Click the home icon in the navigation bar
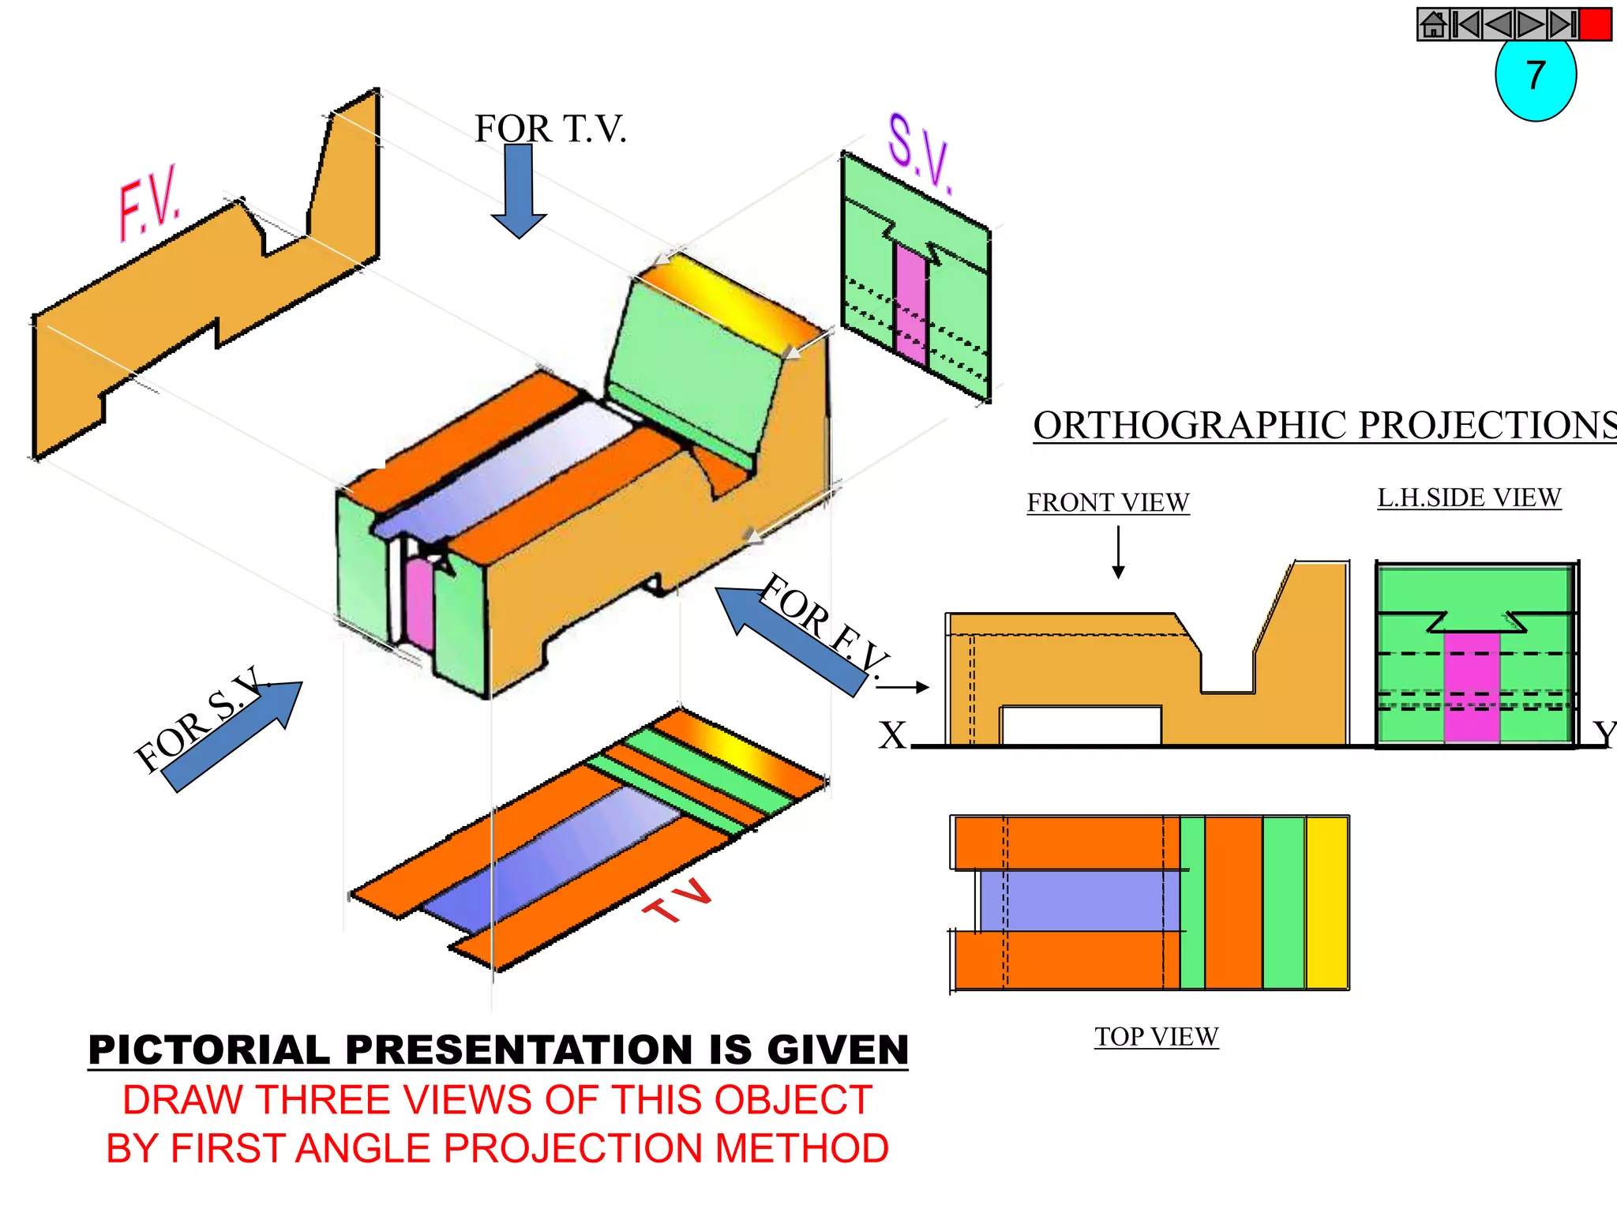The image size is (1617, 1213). pos(1433,24)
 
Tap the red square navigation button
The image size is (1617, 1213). pos(1596,24)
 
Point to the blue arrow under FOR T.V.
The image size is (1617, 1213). pos(519,190)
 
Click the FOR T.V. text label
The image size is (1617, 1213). pos(550,129)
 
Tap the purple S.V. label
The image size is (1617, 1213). pos(920,154)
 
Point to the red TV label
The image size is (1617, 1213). pos(677,900)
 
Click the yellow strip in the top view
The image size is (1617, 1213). pos(1327,903)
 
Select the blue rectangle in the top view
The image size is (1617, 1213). pos(1079,901)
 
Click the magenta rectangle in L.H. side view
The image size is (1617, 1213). pos(1472,687)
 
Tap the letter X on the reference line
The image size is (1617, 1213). pos(893,736)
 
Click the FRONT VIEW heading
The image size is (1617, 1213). pos(1108,502)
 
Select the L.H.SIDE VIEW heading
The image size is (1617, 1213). pos(1469,498)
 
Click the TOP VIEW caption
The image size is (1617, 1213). pos(1157,1036)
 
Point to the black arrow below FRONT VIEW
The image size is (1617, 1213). pos(1118,552)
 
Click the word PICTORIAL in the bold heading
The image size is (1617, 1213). pos(209,1050)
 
